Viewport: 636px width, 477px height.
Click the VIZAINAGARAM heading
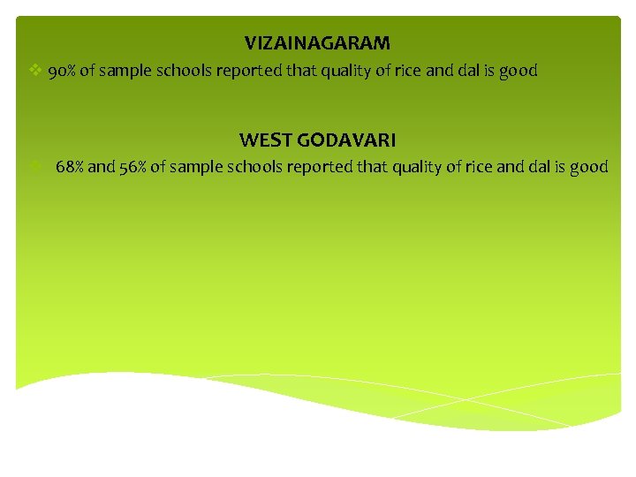(x=317, y=42)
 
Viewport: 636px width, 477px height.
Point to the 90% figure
(x=62, y=71)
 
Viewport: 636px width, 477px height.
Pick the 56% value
(x=132, y=167)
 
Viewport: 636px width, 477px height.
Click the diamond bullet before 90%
(x=34, y=71)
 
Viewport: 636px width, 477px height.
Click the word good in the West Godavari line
(x=589, y=167)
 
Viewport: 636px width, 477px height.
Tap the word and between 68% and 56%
(x=101, y=167)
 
